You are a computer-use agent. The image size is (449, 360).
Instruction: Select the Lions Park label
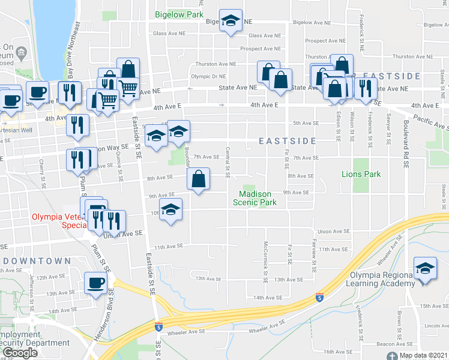pyautogui.click(x=361, y=174)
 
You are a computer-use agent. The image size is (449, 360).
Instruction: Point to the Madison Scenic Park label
pyautogui.click(x=255, y=198)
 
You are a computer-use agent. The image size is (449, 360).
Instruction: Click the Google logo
pyautogui.click(x=19, y=353)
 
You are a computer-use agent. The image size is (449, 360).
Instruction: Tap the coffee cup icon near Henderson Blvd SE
pyautogui.click(x=95, y=282)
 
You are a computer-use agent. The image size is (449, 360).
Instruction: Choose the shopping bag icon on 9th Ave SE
pyautogui.click(x=199, y=178)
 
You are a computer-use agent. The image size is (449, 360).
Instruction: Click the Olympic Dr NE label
pyautogui.click(x=208, y=77)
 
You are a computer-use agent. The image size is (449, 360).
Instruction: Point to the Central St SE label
pyautogui.click(x=228, y=163)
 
